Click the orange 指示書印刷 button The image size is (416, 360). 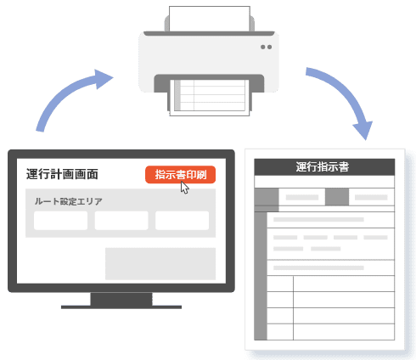point(180,175)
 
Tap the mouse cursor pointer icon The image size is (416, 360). point(184,188)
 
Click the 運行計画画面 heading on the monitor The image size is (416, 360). point(62,174)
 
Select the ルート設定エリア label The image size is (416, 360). point(68,201)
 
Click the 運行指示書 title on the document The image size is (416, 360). point(323,167)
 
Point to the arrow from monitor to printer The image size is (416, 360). point(66,91)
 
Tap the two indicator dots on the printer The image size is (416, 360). point(267,47)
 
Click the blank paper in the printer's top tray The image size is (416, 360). point(210,19)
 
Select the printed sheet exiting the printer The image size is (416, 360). point(210,98)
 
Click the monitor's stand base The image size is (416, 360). point(121,307)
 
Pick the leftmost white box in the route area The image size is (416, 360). point(60,221)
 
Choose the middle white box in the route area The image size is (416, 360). point(121,221)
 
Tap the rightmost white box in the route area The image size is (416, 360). point(183,221)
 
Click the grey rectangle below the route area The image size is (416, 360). point(160,264)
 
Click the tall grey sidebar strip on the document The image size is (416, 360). point(261,276)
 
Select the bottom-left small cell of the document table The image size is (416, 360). point(280,332)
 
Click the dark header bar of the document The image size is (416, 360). point(324,167)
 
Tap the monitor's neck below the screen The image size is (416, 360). point(121,299)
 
